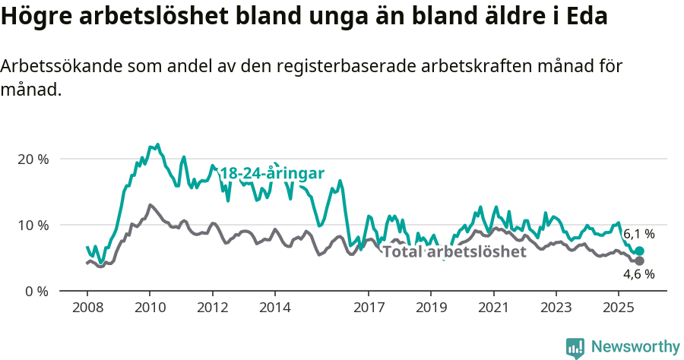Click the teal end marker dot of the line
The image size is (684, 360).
click(639, 251)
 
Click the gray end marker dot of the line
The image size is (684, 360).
click(639, 261)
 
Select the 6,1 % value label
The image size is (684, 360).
click(638, 234)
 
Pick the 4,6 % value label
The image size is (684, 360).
click(638, 275)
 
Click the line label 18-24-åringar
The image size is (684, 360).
click(272, 173)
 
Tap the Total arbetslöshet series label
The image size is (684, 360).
click(454, 252)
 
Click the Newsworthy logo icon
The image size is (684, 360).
click(575, 347)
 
